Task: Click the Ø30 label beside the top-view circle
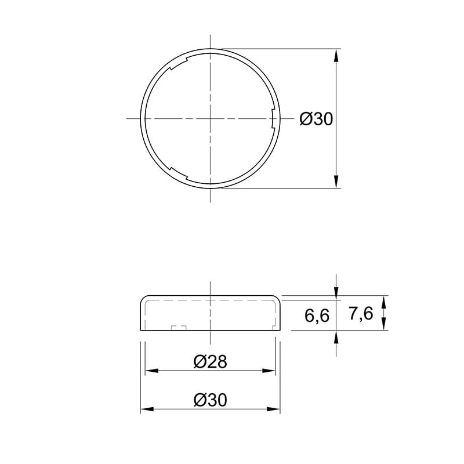click(316, 119)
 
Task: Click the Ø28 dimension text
click(211, 361)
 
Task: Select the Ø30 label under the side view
click(211, 400)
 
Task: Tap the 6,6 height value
click(317, 316)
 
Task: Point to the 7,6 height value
click(361, 314)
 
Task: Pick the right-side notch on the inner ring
click(273, 118)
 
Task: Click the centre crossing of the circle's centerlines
click(210, 118)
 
